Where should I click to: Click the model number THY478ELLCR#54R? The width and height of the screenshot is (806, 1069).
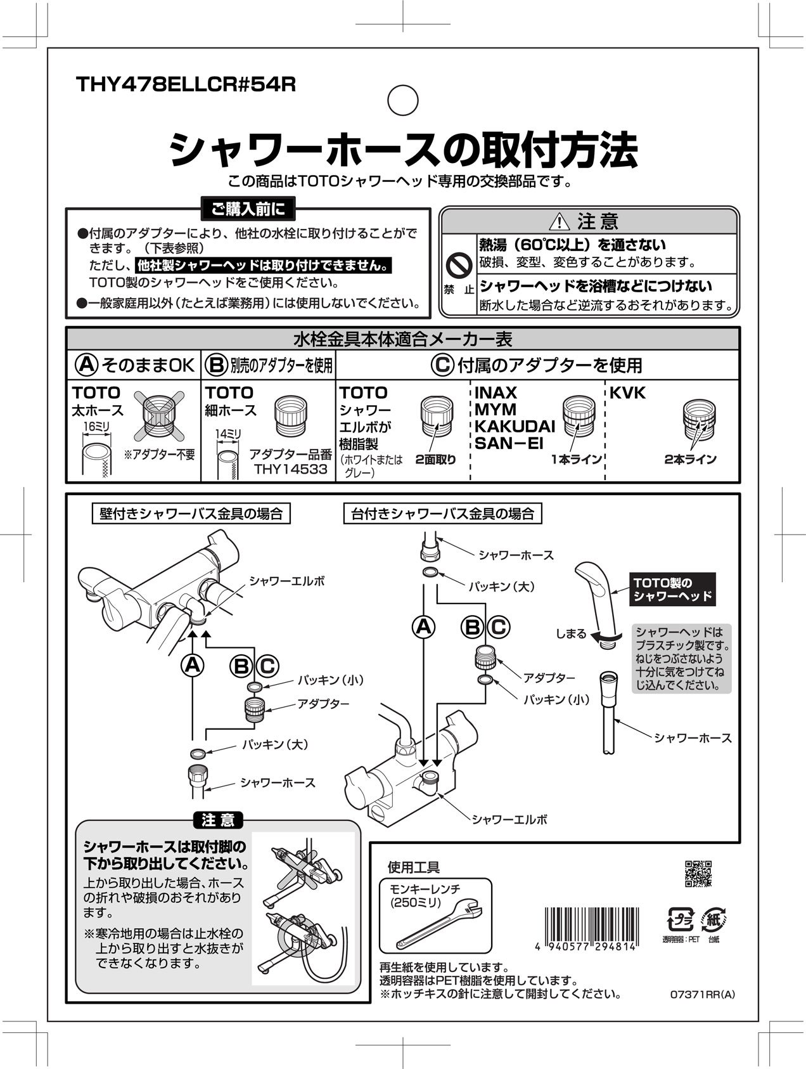(x=185, y=85)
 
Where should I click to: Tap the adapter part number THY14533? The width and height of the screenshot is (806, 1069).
(x=291, y=469)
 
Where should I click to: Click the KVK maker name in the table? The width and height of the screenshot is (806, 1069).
(x=627, y=393)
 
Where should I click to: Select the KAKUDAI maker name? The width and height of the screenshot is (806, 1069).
(x=515, y=426)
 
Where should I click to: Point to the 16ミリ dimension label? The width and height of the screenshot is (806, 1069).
(x=96, y=427)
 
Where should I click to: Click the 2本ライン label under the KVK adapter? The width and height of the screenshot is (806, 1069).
(x=690, y=459)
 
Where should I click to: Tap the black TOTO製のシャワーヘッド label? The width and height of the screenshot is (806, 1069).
(x=673, y=588)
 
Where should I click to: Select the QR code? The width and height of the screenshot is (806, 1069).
(x=698, y=874)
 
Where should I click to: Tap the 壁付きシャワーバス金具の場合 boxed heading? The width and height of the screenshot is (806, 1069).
(x=191, y=513)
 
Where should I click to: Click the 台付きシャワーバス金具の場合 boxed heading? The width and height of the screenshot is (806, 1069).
(x=442, y=513)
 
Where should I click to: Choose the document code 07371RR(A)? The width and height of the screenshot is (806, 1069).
(x=702, y=995)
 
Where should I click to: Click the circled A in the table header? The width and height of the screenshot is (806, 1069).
(x=86, y=365)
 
